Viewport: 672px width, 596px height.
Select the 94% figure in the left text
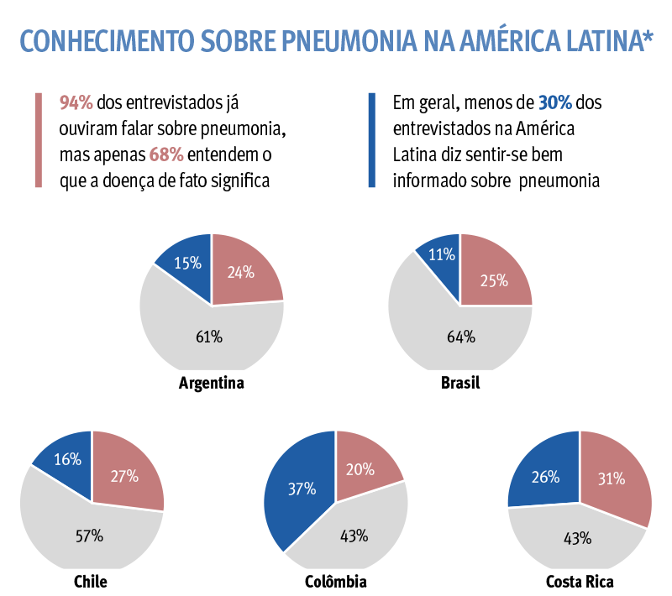[76, 102]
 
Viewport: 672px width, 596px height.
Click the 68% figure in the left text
[165, 155]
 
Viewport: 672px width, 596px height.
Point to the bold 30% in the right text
[555, 102]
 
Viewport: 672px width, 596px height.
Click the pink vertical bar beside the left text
[39, 139]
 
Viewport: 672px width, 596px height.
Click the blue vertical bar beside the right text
[372, 139]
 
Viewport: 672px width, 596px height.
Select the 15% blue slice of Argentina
[187, 264]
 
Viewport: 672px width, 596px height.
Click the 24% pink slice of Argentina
[242, 271]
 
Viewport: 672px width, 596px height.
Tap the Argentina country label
[212, 384]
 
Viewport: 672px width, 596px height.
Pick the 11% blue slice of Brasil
[442, 255]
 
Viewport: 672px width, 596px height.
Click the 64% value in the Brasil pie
[460, 337]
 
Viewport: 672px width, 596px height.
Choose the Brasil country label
[460, 384]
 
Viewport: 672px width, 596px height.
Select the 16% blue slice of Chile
[67, 458]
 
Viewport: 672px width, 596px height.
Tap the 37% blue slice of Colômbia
[301, 489]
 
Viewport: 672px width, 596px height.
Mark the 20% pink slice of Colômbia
[361, 468]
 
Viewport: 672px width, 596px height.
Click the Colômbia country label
[336, 582]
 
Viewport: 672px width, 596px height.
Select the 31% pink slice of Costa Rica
[612, 478]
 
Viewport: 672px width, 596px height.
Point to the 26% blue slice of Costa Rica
[546, 477]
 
